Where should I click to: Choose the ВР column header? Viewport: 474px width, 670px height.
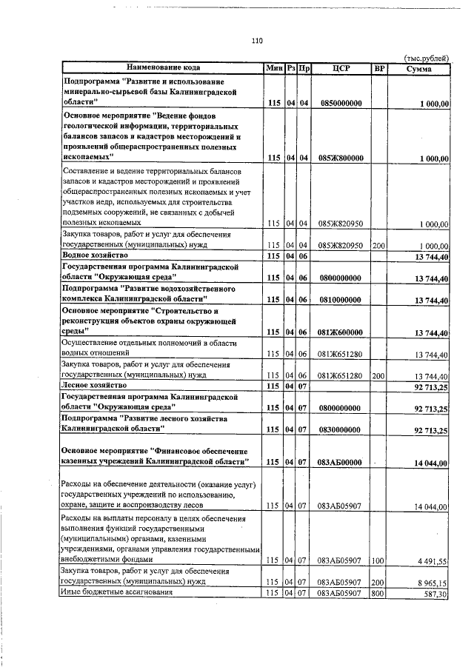379,68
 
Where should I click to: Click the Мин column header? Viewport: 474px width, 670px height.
274,68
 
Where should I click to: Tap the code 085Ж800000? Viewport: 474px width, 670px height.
341,158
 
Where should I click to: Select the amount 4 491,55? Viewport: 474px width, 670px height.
431,560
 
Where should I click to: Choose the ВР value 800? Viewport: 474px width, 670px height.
379,593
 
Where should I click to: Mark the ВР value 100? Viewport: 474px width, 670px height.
379,560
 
